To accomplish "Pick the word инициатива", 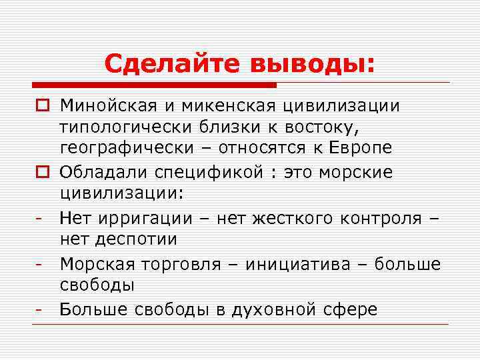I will click(304, 264).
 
